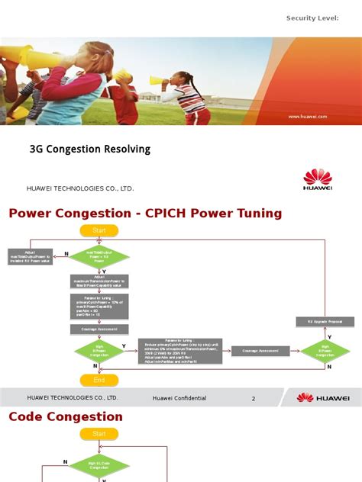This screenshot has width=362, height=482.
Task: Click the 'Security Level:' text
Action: click(x=312, y=18)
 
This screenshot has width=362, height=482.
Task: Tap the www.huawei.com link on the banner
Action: click(x=307, y=117)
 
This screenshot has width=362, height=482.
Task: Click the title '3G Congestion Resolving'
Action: click(x=89, y=149)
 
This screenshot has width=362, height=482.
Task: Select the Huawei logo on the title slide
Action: click(x=318, y=179)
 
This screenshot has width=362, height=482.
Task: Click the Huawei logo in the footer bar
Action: click(x=323, y=397)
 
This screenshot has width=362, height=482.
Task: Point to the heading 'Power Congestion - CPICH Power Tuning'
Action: click(x=145, y=214)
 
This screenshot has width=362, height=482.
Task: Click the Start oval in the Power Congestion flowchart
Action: click(x=99, y=230)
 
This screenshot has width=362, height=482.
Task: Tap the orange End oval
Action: click(x=99, y=379)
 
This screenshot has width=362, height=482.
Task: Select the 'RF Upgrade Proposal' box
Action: click(x=325, y=323)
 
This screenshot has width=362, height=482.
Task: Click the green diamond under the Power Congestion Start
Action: click(x=99, y=256)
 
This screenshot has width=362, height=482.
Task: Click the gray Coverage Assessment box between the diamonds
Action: click(x=261, y=351)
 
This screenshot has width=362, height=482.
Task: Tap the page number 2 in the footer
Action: click(x=254, y=398)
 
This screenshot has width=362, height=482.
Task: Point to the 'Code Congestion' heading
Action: click(x=66, y=416)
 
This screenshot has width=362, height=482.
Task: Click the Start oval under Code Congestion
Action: click(x=99, y=434)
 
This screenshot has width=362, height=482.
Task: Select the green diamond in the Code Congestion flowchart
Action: click(x=99, y=465)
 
